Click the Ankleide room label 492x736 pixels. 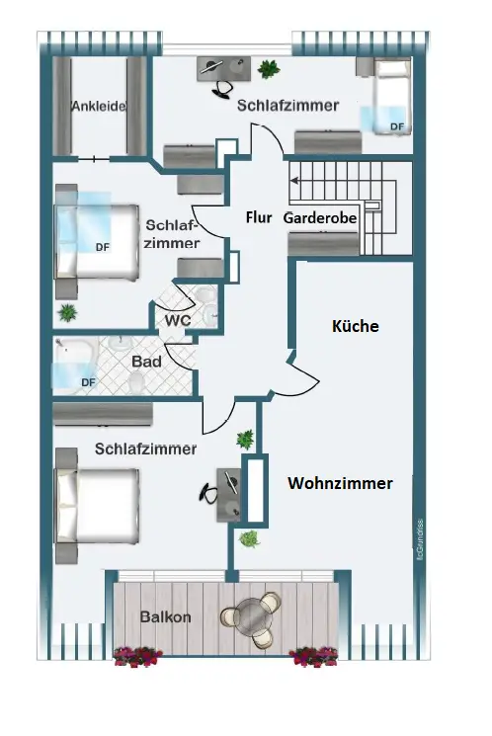(99, 106)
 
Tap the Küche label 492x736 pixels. (356, 326)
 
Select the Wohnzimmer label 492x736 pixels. (341, 483)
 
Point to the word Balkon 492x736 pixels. (165, 616)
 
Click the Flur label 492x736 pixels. (259, 217)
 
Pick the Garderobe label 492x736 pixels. (320, 218)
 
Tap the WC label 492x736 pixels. (178, 320)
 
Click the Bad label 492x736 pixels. (146, 362)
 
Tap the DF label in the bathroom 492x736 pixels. (88, 382)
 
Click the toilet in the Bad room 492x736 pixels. (136, 381)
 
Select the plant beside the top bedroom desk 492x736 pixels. (269, 69)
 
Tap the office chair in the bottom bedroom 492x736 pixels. (209, 493)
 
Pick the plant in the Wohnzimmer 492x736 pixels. (249, 538)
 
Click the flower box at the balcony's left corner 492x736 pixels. (138, 656)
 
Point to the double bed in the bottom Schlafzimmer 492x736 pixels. (98, 506)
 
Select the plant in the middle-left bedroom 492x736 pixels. (67, 313)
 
